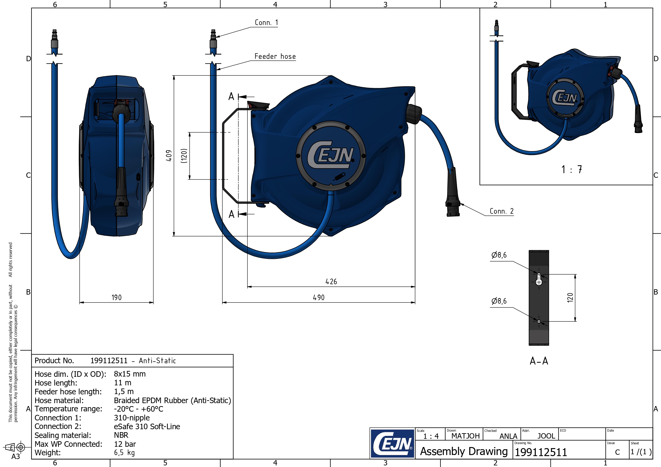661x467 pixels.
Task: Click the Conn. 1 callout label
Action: click(x=266, y=22)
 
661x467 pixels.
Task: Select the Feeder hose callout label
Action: click(x=275, y=56)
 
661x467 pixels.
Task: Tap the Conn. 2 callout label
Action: click(x=501, y=211)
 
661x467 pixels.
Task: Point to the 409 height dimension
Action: click(x=169, y=155)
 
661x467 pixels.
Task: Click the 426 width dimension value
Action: click(x=331, y=282)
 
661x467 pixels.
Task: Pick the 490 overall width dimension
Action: click(x=319, y=297)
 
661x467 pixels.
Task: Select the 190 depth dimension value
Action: click(x=117, y=297)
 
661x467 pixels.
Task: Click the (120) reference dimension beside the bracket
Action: click(x=184, y=156)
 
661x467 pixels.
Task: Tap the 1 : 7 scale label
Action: click(x=572, y=170)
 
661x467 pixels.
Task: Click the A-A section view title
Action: click(x=539, y=361)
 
